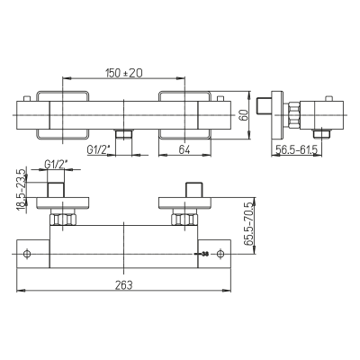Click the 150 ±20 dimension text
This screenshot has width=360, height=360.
123,73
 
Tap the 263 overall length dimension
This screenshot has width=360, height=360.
123,284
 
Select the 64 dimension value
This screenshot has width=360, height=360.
184,149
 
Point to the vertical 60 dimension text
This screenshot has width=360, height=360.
245,115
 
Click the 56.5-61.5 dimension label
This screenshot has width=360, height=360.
296,149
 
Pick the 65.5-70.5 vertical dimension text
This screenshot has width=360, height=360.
248,224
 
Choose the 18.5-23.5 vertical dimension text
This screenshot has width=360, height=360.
22,190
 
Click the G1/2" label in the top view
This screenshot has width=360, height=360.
97,149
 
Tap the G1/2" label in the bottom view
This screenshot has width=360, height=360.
56,164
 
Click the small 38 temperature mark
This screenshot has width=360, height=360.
205,255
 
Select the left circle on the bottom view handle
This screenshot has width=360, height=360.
27,254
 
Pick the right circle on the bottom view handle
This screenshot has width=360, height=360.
220,254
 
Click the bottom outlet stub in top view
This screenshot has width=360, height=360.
124,134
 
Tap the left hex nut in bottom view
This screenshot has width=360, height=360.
62,220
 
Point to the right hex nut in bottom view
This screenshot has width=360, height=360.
184,220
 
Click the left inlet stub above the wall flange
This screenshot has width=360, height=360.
56,189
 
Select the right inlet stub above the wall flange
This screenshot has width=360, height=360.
194,189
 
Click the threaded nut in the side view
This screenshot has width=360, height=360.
294,115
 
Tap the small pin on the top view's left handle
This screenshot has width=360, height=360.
27,99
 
